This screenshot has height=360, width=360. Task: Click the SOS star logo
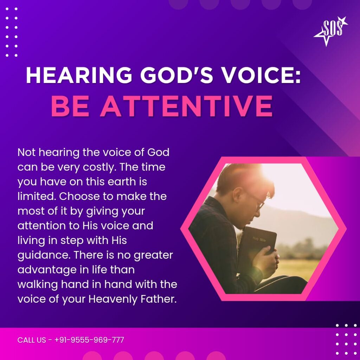330,31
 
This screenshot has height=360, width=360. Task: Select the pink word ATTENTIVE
186,106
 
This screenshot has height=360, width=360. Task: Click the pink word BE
70,106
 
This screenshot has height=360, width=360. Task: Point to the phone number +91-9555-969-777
89,340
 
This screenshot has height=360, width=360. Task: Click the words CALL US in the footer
32,340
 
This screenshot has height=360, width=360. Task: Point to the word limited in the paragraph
37,196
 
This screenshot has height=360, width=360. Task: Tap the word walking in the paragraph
38,285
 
